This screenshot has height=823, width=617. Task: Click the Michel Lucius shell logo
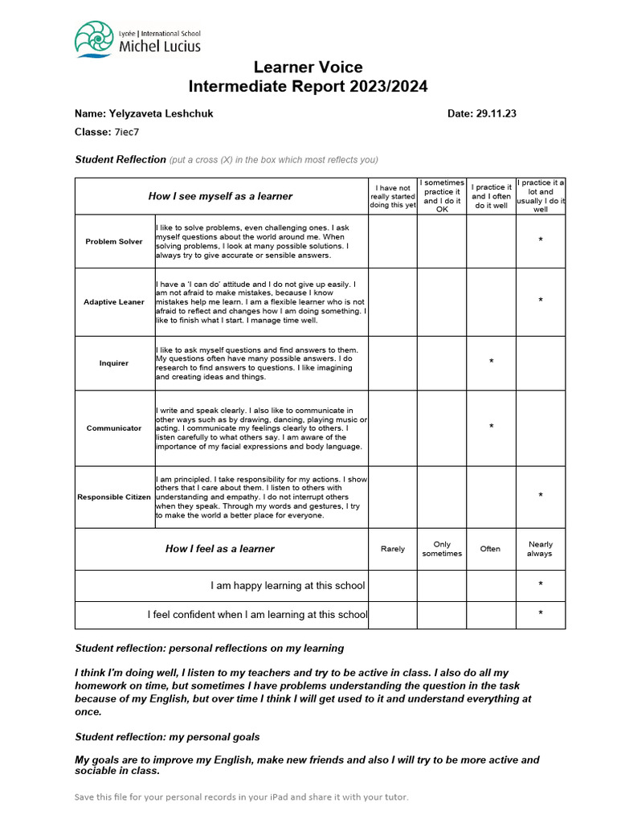[x=94, y=39]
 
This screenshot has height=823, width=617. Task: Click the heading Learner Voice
[x=308, y=67]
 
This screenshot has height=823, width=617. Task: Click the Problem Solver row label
[x=114, y=241]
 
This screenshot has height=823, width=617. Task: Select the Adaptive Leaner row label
[x=114, y=302]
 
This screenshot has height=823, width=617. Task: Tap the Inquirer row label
[x=114, y=363]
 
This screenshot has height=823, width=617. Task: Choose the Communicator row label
[x=114, y=428]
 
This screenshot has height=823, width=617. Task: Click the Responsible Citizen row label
[x=114, y=497]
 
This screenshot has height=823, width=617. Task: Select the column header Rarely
[x=393, y=549]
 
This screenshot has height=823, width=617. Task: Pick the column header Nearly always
[x=540, y=549]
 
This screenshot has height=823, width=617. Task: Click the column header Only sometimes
[x=442, y=549]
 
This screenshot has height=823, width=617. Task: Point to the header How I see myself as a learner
[x=220, y=196]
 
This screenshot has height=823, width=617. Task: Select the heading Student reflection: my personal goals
[x=167, y=736]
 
